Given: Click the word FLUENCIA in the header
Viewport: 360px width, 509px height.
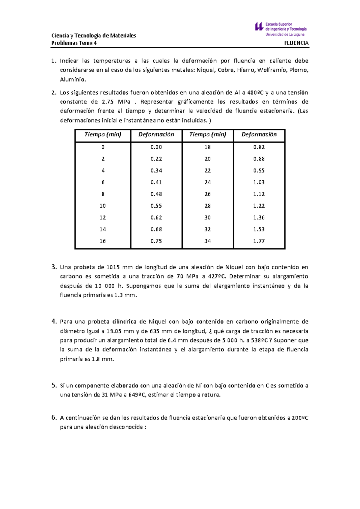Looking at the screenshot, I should point(296,43).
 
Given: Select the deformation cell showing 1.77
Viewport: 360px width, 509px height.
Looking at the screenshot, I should point(259,241).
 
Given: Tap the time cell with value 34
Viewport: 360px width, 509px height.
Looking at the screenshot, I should point(207,241).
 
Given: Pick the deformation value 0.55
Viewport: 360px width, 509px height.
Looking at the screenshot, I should point(156,206).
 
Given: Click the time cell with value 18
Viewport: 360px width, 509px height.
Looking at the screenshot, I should point(207,147).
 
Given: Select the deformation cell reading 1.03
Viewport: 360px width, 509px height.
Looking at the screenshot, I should point(259,182).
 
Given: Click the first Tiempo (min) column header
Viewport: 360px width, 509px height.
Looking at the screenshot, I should point(103,134).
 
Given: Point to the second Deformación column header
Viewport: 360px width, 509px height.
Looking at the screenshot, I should point(259,134).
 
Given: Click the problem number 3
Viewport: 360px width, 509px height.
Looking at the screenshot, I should point(54,267).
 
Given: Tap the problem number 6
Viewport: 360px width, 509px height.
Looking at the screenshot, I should point(54,417).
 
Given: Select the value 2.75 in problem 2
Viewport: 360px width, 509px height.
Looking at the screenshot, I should point(108,102).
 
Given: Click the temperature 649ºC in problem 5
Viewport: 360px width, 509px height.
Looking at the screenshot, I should point(137,395).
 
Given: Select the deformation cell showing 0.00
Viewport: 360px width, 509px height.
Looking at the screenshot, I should point(156,147).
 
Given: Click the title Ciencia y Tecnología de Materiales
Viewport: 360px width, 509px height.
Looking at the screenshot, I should point(94,35).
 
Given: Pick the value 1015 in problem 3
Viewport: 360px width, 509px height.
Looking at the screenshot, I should point(113,267).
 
